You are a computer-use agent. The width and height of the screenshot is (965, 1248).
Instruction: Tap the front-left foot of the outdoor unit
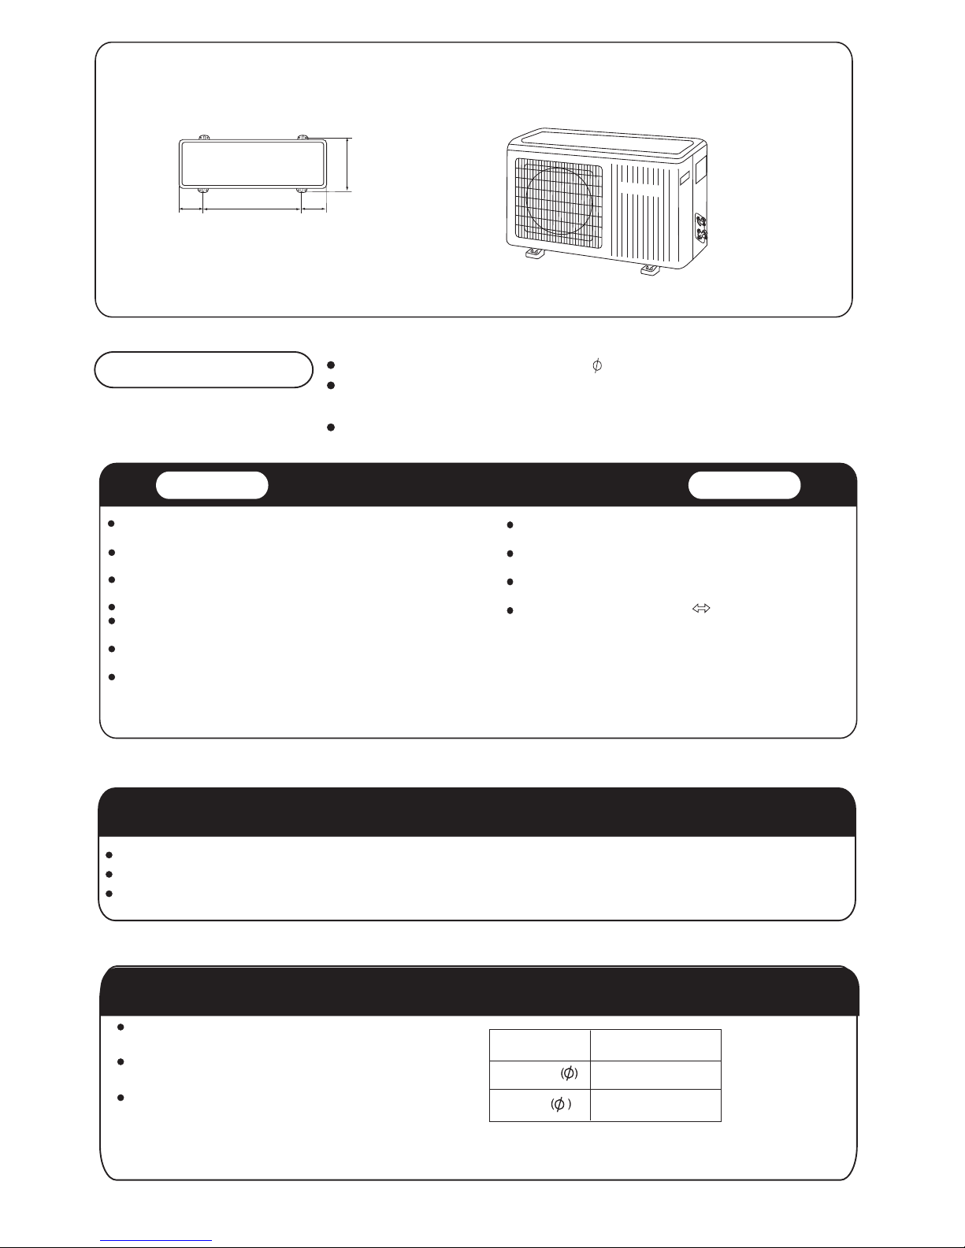tap(536, 253)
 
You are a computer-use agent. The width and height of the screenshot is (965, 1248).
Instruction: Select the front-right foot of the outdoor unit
tap(650, 269)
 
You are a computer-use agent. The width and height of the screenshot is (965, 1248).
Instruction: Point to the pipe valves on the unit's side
tap(701, 227)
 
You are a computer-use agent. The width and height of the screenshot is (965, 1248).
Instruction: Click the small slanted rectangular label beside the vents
tap(685, 178)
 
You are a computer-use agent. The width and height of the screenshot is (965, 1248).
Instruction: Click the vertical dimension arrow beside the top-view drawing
tap(348, 165)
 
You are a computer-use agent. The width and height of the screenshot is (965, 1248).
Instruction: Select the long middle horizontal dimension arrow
tap(252, 209)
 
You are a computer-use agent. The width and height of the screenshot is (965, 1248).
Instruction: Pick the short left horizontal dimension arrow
tap(191, 209)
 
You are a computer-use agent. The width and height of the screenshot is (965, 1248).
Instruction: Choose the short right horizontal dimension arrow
tap(314, 209)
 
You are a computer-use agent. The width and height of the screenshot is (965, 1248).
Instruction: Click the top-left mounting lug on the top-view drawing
tap(204, 137)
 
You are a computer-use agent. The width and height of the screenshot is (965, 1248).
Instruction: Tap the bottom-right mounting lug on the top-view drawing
tap(302, 190)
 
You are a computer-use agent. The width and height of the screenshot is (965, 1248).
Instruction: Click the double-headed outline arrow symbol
tap(701, 608)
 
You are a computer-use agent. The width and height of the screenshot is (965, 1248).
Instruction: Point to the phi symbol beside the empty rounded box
tap(597, 365)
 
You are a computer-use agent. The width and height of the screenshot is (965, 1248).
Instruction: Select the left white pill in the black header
tap(212, 485)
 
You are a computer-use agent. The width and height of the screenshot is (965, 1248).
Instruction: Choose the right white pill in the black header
tap(744, 485)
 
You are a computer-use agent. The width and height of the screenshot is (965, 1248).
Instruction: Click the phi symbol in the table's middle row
tap(569, 1073)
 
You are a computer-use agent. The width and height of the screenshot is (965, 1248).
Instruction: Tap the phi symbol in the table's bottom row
tap(559, 1104)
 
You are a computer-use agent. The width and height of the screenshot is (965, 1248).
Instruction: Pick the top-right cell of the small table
tap(655, 1046)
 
